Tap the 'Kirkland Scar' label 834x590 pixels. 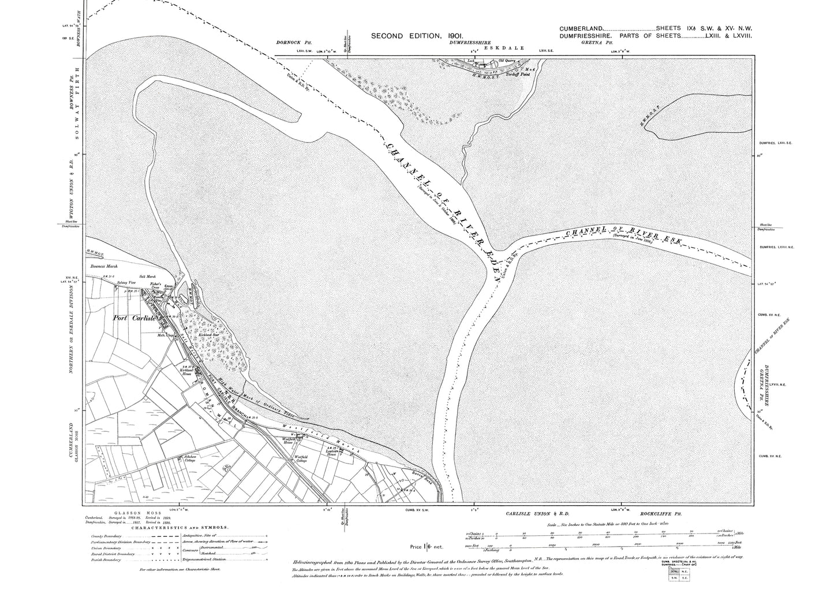point(207,334)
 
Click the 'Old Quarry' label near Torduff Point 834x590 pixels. point(507,60)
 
